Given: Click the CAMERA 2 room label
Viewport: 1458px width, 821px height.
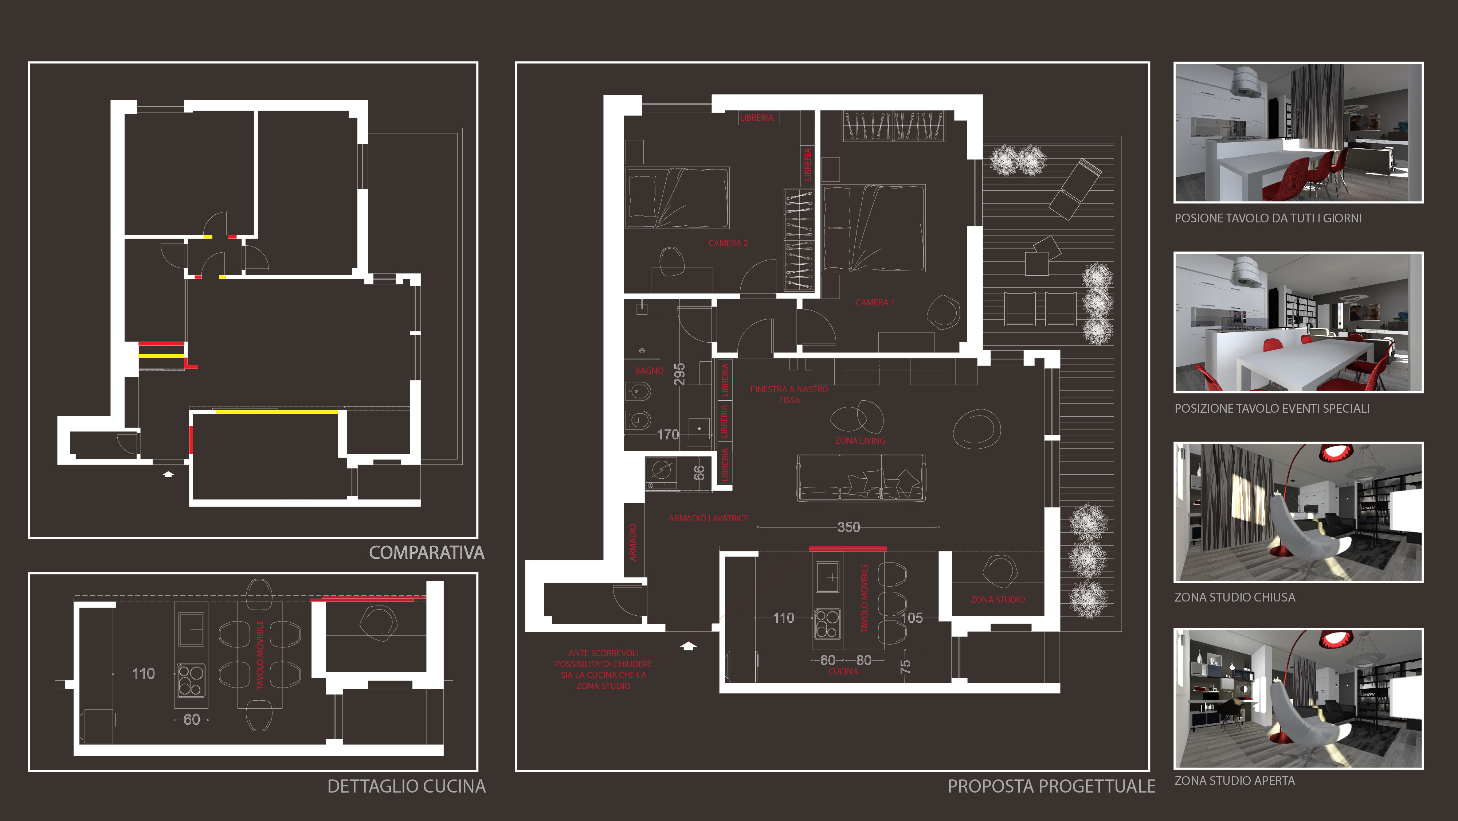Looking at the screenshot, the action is [x=728, y=243].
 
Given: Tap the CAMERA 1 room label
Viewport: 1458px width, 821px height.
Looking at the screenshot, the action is [x=874, y=302].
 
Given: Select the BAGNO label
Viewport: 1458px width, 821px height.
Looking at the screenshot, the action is [x=648, y=370].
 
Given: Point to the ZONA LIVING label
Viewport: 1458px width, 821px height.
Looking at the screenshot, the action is [x=860, y=440].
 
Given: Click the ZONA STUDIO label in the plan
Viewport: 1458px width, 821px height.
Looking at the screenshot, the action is [x=997, y=599].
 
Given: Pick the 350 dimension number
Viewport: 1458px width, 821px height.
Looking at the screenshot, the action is [x=848, y=527].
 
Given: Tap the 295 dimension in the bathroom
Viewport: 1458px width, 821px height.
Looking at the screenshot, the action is [x=679, y=374].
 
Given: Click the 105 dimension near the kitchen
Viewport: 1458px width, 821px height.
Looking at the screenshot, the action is [x=911, y=618].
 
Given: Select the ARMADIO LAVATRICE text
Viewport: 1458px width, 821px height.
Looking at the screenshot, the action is [x=708, y=518].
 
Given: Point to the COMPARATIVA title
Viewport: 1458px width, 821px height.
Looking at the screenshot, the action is [x=426, y=553].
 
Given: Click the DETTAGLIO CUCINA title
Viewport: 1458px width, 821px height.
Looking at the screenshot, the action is [x=406, y=786].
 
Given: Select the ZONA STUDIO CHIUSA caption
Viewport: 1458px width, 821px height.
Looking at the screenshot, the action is [x=1234, y=597].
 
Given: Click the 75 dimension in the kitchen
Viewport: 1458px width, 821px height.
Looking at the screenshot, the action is [x=905, y=666].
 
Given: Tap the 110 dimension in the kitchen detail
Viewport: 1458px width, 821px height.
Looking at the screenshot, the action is [x=143, y=673].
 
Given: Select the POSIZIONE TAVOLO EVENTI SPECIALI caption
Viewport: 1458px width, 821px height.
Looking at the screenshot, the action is [x=1272, y=408].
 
